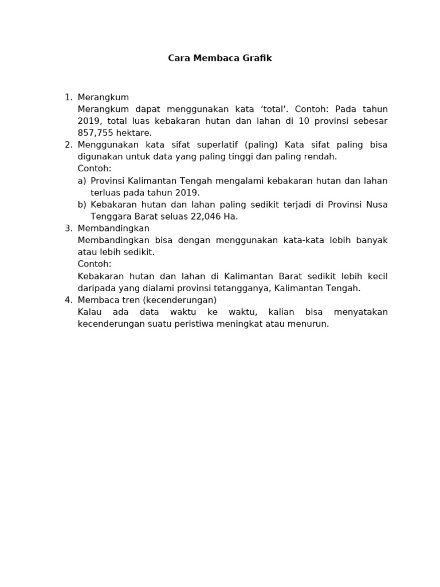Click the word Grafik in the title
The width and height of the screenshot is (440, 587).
[256, 58]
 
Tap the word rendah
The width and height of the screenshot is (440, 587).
[321, 156]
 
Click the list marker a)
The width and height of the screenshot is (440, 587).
[82, 181]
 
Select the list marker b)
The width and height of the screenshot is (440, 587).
[82, 205]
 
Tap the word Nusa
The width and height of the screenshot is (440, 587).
[376, 205]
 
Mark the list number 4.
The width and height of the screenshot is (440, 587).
[68, 300]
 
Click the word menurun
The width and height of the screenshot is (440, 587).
[311, 324]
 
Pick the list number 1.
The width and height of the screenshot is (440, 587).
[68, 97]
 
